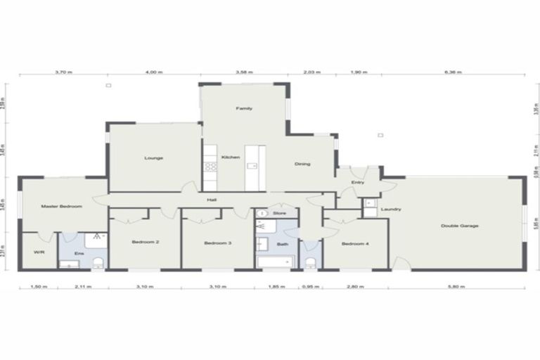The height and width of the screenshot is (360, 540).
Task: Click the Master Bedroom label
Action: coord(62,206)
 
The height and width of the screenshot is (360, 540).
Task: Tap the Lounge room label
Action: coord(154,157)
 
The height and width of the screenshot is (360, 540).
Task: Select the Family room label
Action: coord(244,108)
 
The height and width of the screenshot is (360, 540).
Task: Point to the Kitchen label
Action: coord(231,157)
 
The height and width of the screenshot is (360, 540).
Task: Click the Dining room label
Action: coord(302,164)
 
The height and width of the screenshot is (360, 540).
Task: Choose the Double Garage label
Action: coord(460,226)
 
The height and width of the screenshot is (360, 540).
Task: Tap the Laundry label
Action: coord(390,209)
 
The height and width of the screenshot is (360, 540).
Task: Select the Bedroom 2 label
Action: coord(145,243)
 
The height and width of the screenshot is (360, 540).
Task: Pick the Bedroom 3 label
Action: coord(218,243)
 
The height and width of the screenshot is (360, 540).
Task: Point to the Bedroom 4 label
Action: coord(354,243)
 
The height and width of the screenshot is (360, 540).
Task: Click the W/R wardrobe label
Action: coord(39,252)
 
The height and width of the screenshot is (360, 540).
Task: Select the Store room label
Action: coord(280,212)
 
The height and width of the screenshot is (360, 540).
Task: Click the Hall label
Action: coord(211,200)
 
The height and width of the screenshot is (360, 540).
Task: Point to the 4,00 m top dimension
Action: coord(153,72)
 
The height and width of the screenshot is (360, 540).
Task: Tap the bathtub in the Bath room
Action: coord(274,262)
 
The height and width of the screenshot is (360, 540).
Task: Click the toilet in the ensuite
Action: coord(98,263)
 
